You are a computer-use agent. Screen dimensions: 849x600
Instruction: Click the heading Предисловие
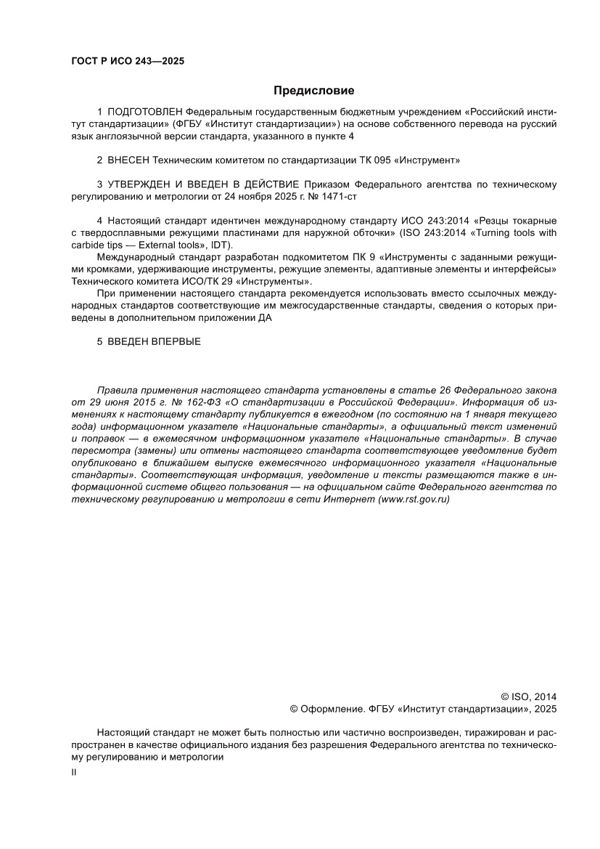(x=313, y=91)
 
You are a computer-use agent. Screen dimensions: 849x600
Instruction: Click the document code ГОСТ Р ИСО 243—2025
(x=128, y=61)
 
